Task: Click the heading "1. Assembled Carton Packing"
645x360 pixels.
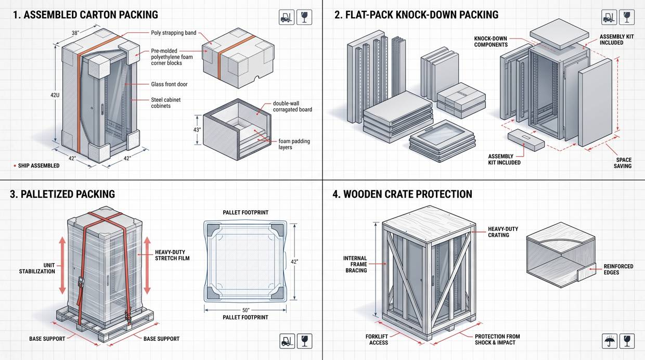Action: [x=85, y=15]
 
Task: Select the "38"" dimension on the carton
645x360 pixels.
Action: [x=75, y=33]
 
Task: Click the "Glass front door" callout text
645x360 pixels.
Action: [x=169, y=84]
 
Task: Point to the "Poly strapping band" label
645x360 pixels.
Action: [x=174, y=33]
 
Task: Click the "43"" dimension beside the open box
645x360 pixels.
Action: [x=197, y=130]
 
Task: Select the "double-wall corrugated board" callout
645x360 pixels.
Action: [x=292, y=107]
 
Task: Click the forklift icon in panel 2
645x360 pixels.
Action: [x=609, y=17]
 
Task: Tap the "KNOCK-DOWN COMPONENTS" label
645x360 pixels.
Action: [x=491, y=42]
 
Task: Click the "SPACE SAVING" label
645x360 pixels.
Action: [x=623, y=163]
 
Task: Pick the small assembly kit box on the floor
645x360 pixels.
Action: [x=526, y=140]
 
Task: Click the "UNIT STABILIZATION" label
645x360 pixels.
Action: [x=37, y=268]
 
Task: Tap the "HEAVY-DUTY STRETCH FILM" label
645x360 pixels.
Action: [x=172, y=255]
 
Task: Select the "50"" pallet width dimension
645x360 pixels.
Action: [x=246, y=310]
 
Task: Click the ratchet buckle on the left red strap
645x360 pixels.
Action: [x=81, y=282]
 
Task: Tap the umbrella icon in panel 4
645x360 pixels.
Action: [x=609, y=341]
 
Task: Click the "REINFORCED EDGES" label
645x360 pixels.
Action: [x=618, y=269]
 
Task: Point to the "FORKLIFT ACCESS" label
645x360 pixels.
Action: [x=378, y=339]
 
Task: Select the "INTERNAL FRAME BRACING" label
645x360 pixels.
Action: [x=355, y=264]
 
